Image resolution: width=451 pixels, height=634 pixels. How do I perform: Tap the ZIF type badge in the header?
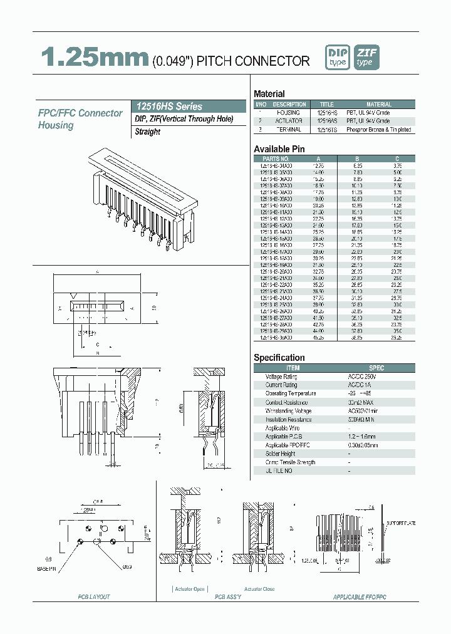[366, 58]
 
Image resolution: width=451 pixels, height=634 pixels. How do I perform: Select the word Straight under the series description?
[148, 132]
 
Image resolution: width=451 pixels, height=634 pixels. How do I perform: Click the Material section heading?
[269, 93]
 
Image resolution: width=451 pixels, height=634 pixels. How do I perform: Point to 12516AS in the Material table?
[326, 121]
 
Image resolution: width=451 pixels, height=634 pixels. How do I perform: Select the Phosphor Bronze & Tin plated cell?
[379, 130]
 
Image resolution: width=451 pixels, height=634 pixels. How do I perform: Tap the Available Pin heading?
[279, 148]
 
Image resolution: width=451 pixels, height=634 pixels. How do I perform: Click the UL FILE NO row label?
[279, 470]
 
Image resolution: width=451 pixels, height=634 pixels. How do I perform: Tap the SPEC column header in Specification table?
[376, 368]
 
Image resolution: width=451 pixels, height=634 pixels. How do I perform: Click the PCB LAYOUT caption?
[93, 597]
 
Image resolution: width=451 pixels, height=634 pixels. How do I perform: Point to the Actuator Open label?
[190, 589]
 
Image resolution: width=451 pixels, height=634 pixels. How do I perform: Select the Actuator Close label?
[259, 589]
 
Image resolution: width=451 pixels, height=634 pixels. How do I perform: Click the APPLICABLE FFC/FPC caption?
[360, 597]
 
